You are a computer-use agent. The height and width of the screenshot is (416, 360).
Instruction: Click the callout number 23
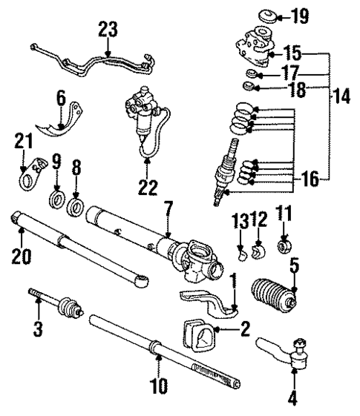click(x=108, y=31)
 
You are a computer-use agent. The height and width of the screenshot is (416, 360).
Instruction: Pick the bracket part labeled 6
click(x=66, y=118)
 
